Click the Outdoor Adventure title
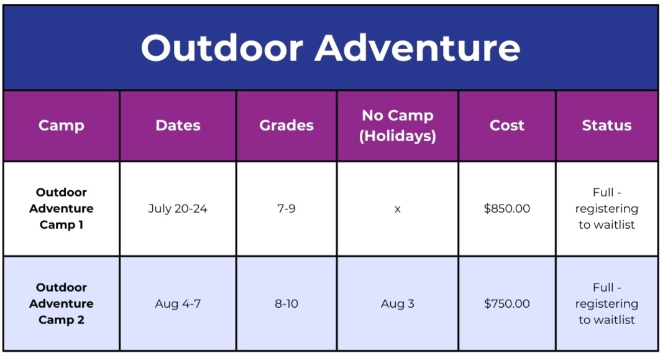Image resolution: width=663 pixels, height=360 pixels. [x=330, y=48]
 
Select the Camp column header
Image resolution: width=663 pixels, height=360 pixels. [x=62, y=126]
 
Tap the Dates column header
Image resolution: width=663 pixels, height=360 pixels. [x=178, y=125]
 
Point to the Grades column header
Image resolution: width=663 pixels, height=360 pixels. [x=286, y=125]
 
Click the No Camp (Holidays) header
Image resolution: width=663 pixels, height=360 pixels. [x=398, y=126]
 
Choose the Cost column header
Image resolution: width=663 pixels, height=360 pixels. [x=506, y=125]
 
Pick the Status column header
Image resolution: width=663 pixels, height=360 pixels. [x=606, y=125]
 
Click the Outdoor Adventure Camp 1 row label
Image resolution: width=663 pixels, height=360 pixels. [x=62, y=208]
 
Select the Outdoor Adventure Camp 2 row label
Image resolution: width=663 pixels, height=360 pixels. [x=62, y=304]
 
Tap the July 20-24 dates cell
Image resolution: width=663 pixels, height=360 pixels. [x=178, y=209]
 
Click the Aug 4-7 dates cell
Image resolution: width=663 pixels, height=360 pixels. [x=178, y=304]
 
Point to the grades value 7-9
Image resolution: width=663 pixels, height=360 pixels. [x=286, y=208]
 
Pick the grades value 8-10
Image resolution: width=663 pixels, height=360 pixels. [x=286, y=304]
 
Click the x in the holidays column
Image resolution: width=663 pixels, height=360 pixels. [x=398, y=210]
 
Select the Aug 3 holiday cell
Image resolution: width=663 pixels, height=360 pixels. [x=398, y=304]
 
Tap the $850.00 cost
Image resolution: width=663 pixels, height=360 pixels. [x=506, y=208]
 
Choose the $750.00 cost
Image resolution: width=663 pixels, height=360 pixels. [x=506, y=304]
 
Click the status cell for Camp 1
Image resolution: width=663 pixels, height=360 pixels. [x=606, y=208]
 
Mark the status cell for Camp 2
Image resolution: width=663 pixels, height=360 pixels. [x=606, y=304]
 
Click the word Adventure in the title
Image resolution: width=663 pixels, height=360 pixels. [x=418, y=48]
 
